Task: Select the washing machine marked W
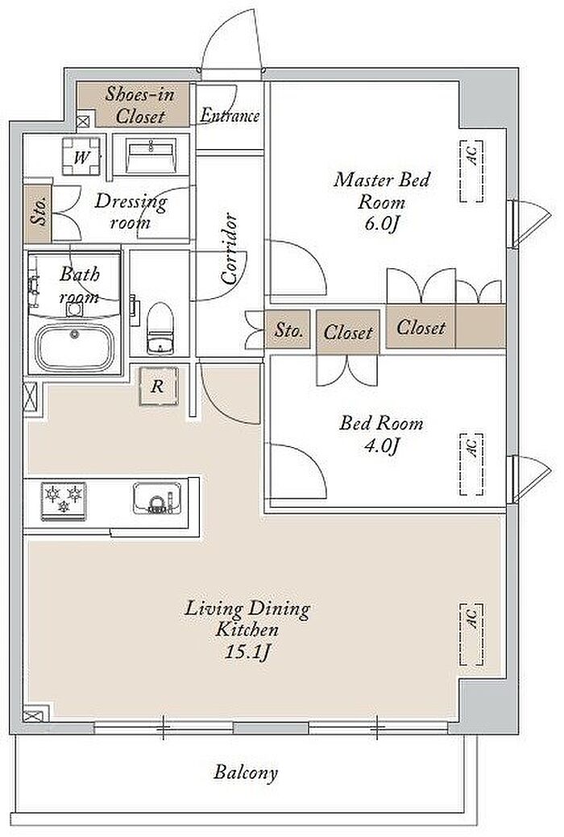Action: click(x=81, y=156)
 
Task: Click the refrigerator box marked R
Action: click(x=158, y=386)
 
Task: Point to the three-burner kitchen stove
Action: click(x=64, y=501)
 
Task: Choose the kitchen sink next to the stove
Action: click(x=157, y=498)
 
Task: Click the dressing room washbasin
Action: click(x=151, y=155)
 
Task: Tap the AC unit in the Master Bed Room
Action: click(x=471, y=172)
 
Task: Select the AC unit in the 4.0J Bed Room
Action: click(x=471, y=464)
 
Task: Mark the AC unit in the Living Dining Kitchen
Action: click(x=471, y=634)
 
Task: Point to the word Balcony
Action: click(x=247, y=773)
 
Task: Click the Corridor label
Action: click(x=229, y=248)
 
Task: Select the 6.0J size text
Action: click(x=382, y=223)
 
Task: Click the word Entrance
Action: click(x=230, y=115)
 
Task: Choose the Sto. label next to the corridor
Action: click(x=288, y=330)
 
